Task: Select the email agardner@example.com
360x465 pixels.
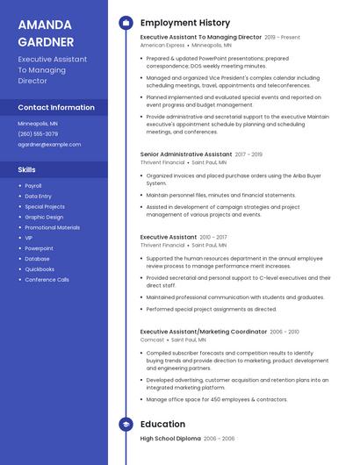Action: (49, 145)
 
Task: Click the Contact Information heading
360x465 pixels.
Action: (56, 107)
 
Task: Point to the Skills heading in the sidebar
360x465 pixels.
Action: (27, 169)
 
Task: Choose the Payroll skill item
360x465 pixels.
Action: (33, 186)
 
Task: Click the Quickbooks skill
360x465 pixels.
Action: (40, 269)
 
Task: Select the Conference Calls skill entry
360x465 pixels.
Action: (47, 280)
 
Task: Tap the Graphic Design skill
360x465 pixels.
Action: (44, 217)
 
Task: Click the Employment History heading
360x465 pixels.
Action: (185, 23)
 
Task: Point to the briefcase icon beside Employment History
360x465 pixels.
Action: (126, 23)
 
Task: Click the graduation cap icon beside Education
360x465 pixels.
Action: (126, 425)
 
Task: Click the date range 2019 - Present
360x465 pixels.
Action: (282, 38)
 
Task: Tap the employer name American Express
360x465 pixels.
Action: (162, 45)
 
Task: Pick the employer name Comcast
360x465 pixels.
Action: (151, 339)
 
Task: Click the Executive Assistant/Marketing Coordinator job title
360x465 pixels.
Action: (203, 332)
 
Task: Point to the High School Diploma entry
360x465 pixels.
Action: (170, 438)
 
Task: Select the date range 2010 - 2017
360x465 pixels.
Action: (213, 237)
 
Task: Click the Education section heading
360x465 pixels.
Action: (162, 425)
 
